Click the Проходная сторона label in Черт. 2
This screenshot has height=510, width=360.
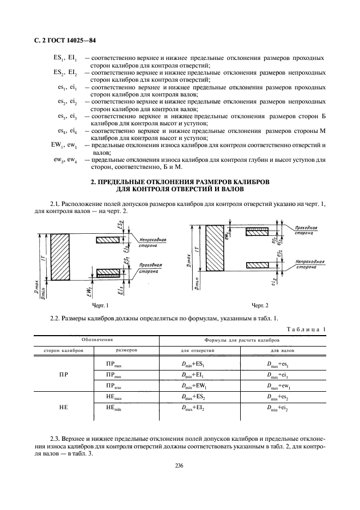pos(309,229)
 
